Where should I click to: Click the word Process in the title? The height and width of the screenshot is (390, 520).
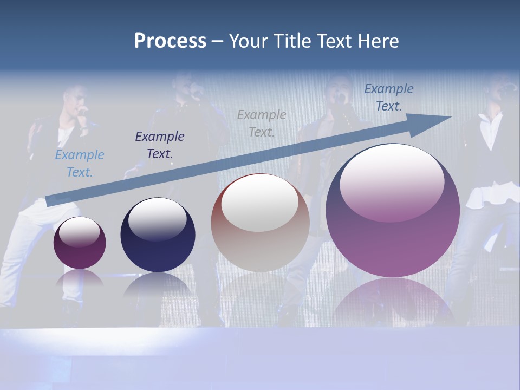click(x=170, y=41)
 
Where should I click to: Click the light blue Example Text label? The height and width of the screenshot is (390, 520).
click(x=80, y=164)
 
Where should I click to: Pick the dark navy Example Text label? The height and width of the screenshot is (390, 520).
click(x=160, y=145)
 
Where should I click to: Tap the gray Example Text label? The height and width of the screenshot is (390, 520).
click(x=262, y=123)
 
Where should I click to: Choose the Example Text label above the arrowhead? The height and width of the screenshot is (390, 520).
click(x=389, y=97)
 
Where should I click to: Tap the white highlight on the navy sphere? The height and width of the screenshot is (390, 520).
click(x=157, y=218)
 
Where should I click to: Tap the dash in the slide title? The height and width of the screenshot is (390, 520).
click(x=218, y=41)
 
